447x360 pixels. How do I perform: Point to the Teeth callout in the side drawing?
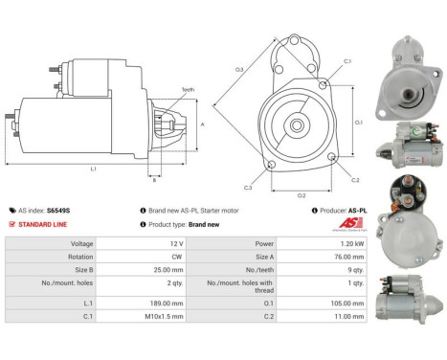tap(188, 89)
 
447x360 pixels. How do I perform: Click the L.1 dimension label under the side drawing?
tap(94, 169)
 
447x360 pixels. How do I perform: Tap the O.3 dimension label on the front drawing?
tap(239, 69)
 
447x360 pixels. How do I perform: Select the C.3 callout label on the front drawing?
tap(248, 187)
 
